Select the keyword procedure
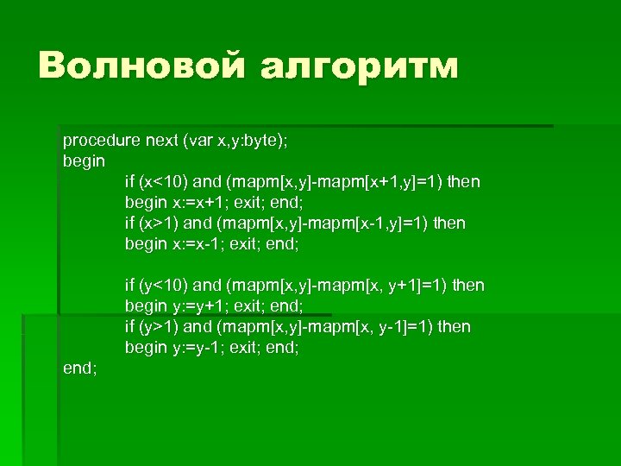coord(96,140)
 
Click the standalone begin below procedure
coord(84,161)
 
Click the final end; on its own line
coord(80,368)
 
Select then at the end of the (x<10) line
coord(462,181)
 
